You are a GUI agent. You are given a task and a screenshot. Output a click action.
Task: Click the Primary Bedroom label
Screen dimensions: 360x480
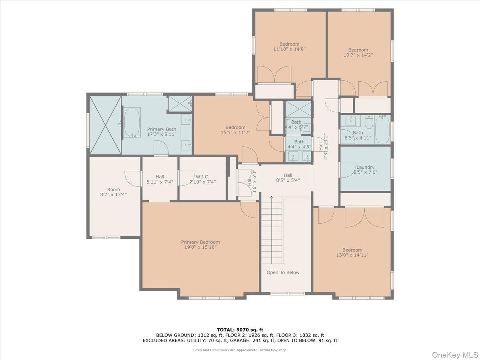[200, 242]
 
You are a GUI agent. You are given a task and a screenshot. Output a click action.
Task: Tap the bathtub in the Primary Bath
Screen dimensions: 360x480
[132, 122]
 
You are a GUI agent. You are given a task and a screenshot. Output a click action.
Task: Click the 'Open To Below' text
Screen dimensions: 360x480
[283, 272]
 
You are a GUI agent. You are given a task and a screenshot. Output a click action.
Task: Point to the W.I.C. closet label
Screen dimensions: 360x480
[202, 176]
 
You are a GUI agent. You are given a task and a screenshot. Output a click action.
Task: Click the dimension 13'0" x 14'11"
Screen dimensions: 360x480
[352, 255]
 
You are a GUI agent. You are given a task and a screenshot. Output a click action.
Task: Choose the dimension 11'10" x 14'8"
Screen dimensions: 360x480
[289, 49]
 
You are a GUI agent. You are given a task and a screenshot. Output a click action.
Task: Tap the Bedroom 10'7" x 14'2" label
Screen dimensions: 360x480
[358, 50]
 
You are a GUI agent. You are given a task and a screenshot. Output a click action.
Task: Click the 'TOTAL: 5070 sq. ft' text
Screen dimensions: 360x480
[240, 330]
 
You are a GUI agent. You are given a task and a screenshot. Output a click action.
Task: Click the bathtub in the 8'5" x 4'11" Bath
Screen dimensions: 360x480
[382, 129]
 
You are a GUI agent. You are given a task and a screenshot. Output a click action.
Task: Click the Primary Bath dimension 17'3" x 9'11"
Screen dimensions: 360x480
[162, 134]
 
